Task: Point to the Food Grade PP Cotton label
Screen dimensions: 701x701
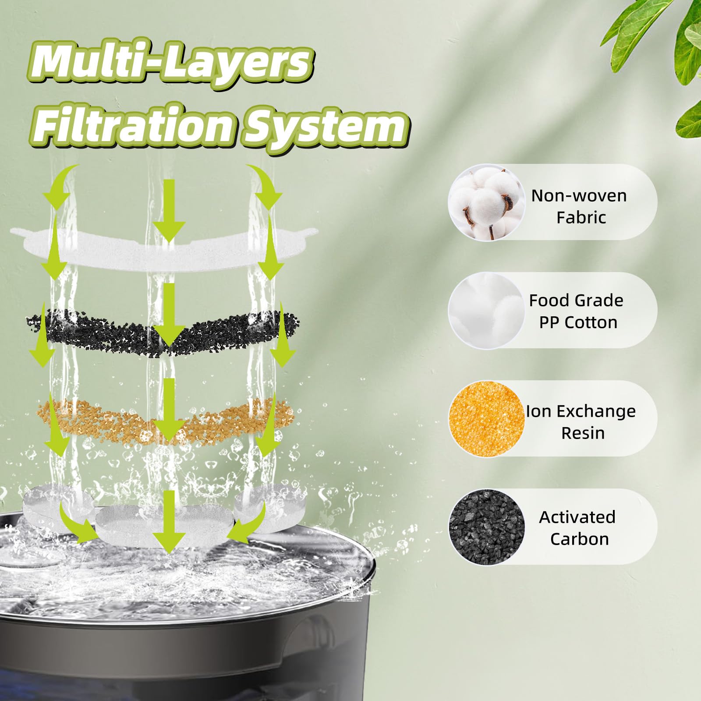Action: coord(577,311)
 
